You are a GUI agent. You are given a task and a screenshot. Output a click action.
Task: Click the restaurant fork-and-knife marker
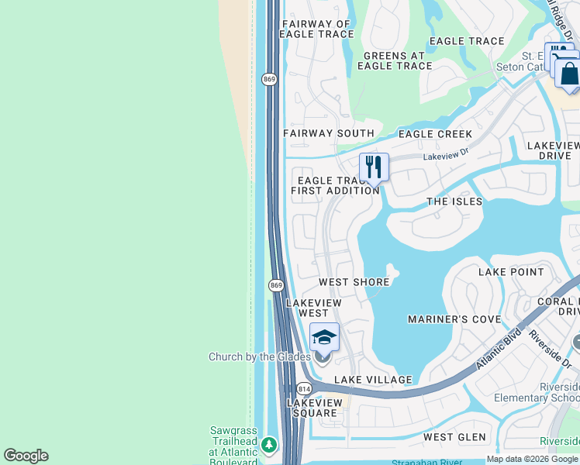tap(374, 166)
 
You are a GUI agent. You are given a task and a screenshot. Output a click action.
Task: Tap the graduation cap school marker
tap(324, 336)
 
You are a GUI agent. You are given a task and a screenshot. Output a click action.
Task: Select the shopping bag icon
tap(568, 74)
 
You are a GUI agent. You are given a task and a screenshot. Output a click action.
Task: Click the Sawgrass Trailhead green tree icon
tap(268, 445)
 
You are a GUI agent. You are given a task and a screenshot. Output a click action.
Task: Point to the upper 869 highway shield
tap(269, 79)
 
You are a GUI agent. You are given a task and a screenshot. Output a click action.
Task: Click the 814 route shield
tap(303, 388)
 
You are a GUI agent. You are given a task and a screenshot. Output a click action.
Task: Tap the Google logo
tap(26, 456)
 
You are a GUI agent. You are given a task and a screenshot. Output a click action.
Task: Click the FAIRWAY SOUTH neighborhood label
tap(329, 133)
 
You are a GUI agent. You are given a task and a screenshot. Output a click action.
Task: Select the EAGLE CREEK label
tap(435, 134)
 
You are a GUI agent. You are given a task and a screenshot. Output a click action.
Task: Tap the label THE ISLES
tap(454, 201)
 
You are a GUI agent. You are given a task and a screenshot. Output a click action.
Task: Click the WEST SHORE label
tap(354, 282)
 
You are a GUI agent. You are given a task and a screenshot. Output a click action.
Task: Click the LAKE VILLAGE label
tap(373, 380)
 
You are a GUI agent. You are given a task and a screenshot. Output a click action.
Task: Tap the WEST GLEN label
tap(454, 438)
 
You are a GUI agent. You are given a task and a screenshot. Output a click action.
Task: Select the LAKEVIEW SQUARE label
tap(315, 408)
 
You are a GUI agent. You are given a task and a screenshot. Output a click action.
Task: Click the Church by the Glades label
tap(259, 357)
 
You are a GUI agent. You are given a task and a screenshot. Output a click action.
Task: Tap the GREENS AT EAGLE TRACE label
tap(395, 60)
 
